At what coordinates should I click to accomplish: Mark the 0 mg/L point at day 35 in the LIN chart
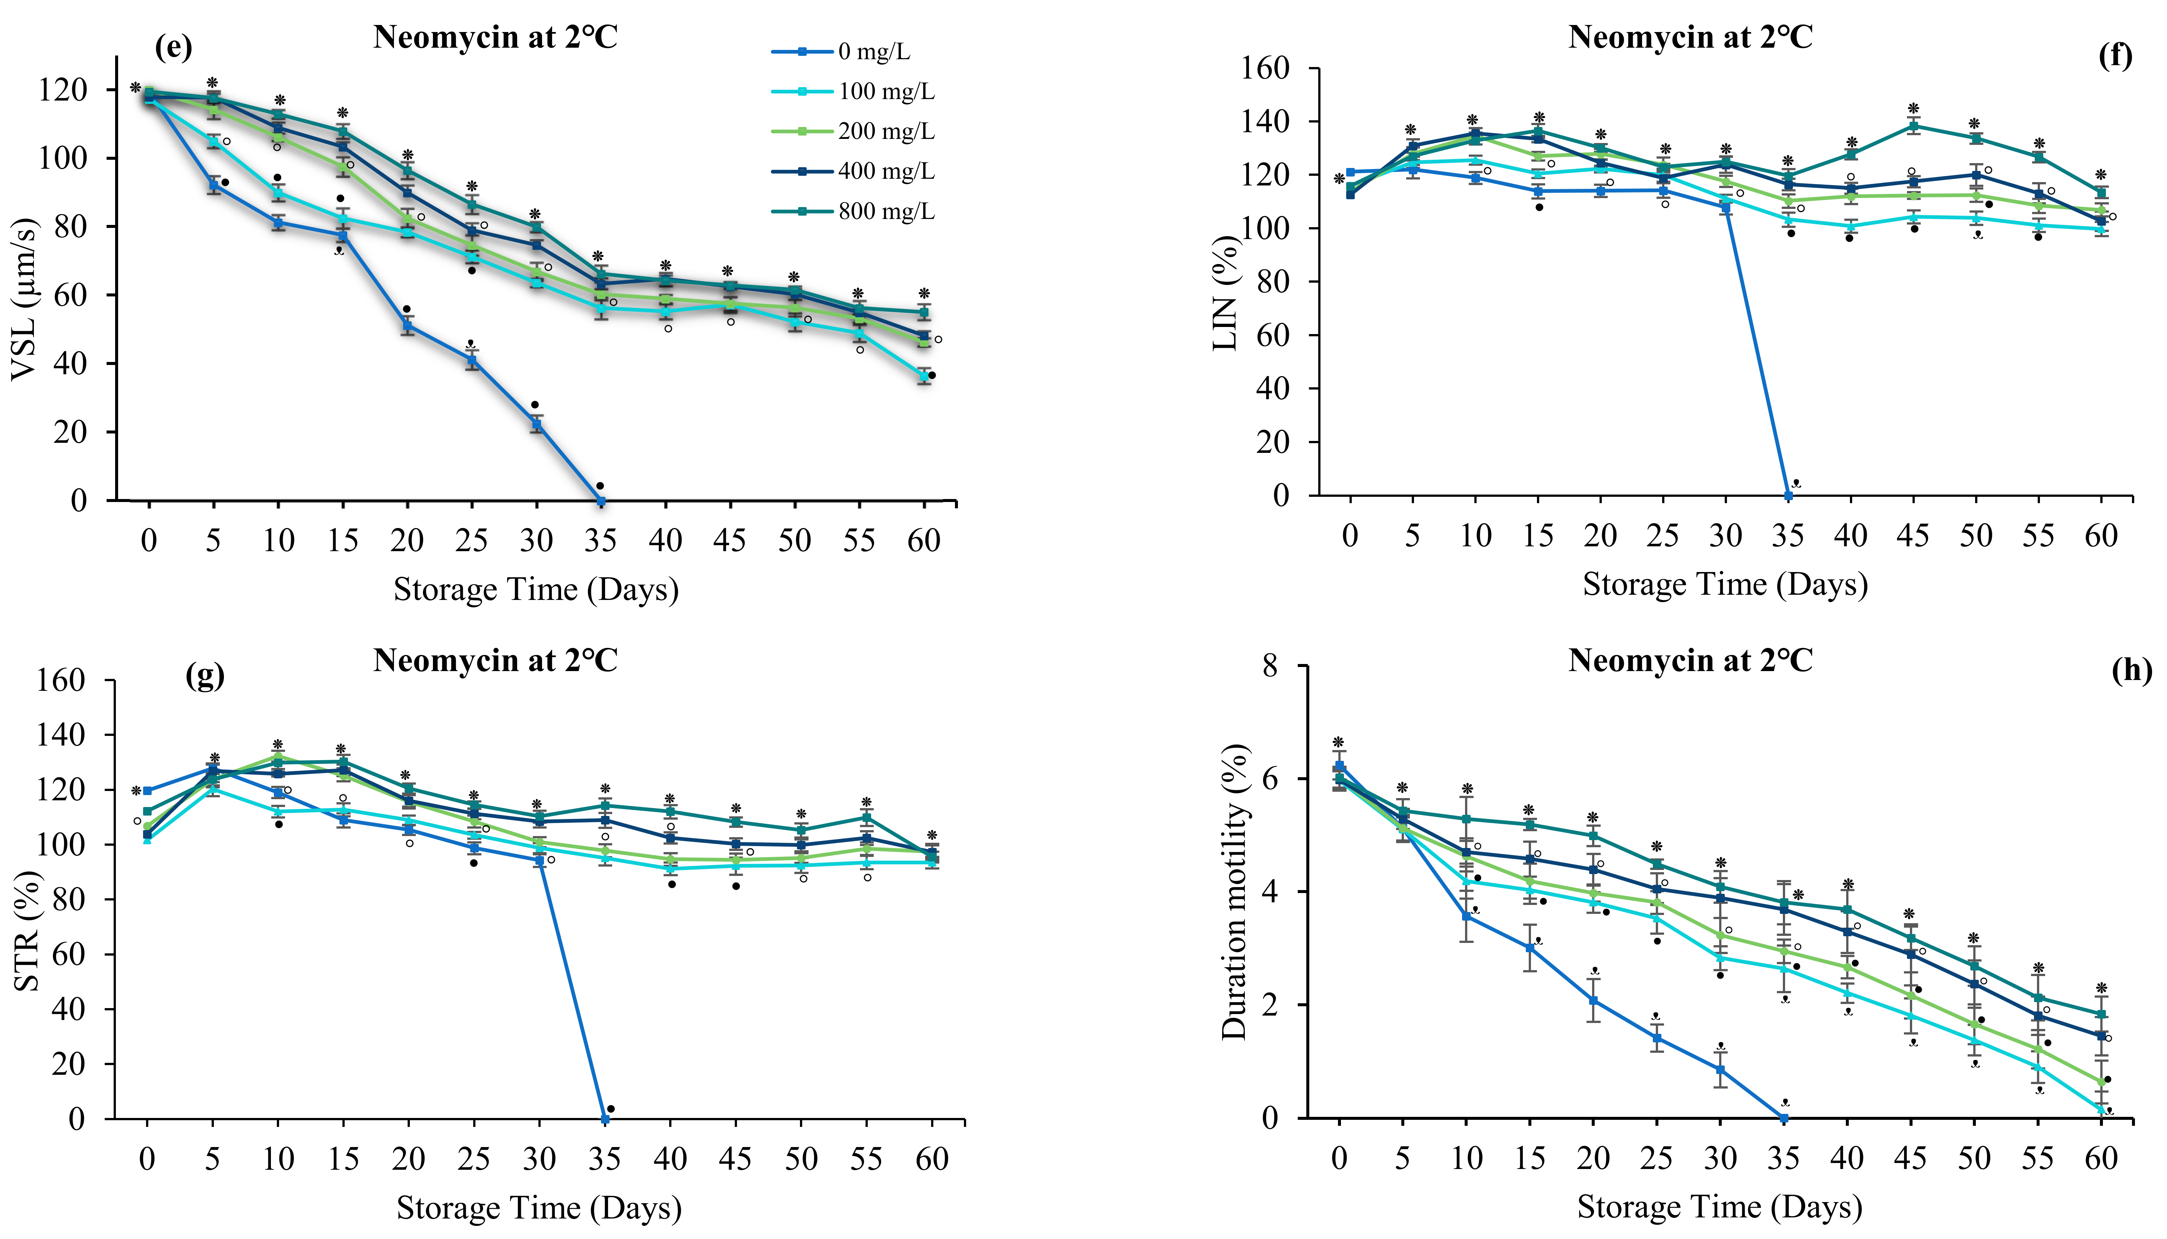click(x=1788, y=495)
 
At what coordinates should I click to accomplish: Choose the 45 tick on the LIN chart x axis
click(x=1913, y=536)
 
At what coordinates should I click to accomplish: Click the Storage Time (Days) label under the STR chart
click(x=539, y=1207)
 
